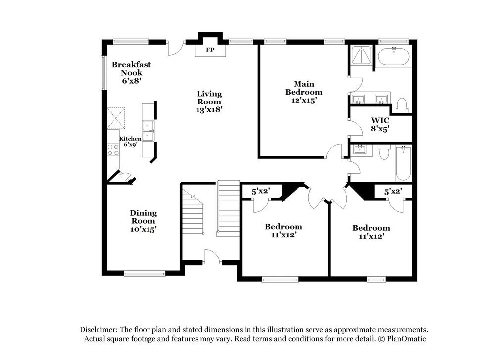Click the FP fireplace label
click(x=210, y=50)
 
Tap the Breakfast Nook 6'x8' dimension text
click(x=131, y=81)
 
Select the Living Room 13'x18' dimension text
click(x=209, y=110)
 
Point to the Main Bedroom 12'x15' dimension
click(x=304, y=100)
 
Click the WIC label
click(x=380, y=120)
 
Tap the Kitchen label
click(x=130, y=139)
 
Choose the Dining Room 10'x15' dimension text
click(x=144, y=229)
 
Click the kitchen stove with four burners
click(x=113, y=150)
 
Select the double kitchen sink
click(x=148, y=130)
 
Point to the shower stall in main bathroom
click(x=361, y=56)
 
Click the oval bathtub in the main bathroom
click(x=394, y=56)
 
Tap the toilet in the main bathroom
click(x=401, y=105)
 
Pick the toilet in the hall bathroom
click(x=384, y=152)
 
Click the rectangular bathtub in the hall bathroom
click(x=403, y=163)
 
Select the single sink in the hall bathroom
click(x=359, y=149)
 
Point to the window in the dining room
click(x=145, y=273)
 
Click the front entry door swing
click(x=212, y=256)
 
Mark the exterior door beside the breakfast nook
click(x=176, y=48)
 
